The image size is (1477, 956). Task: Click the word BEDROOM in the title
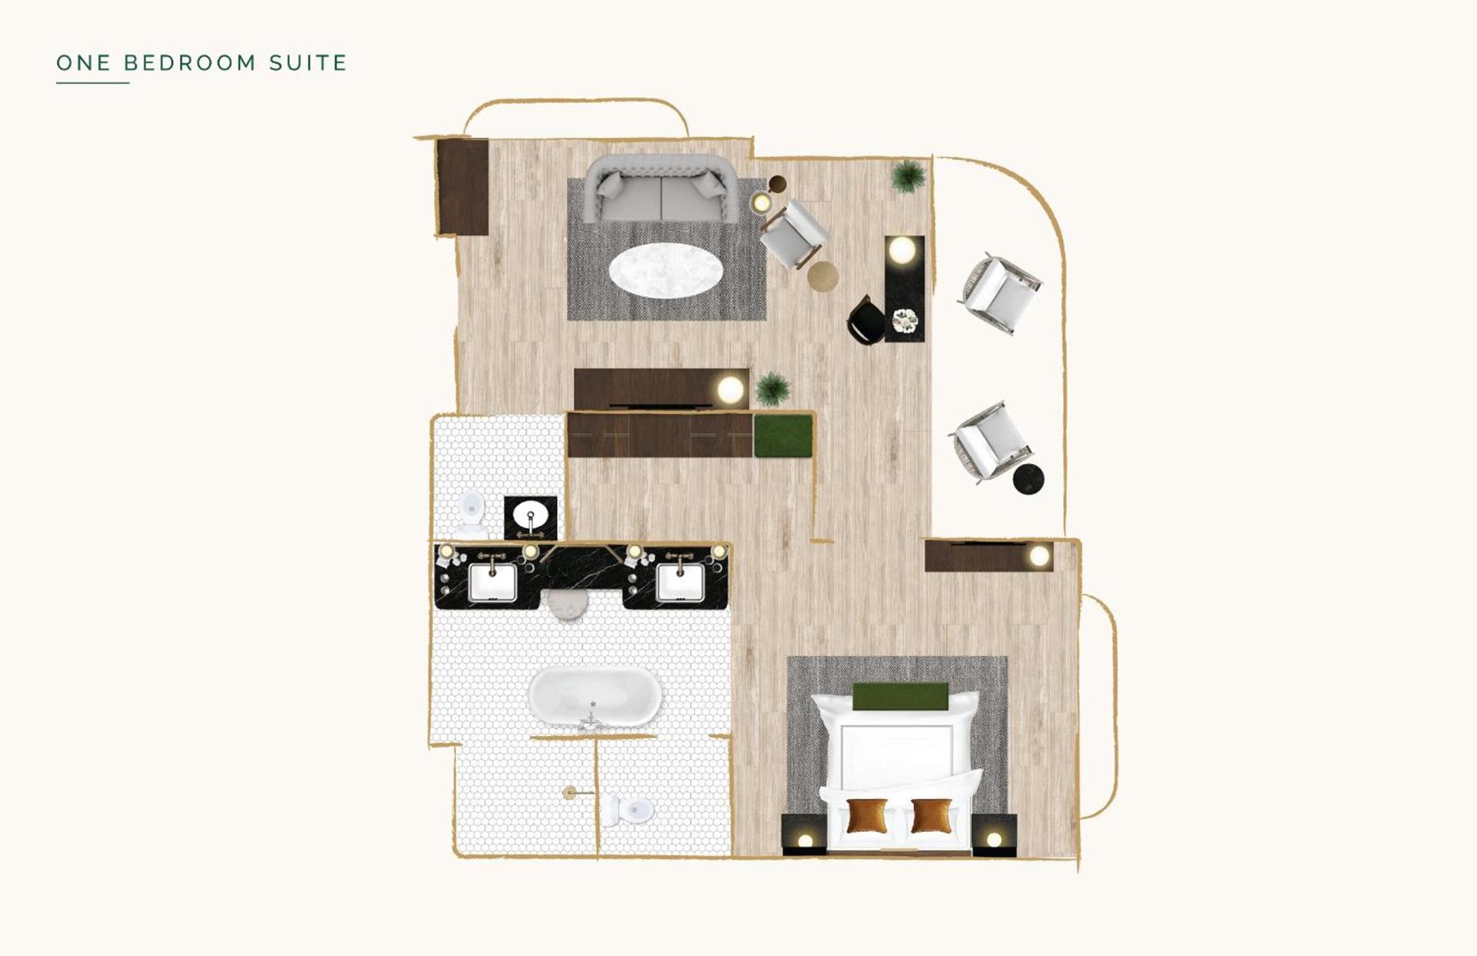pyautogui.click(x=190, y=62)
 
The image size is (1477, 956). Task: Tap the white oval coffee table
pyautogui.click(x=665, y=271)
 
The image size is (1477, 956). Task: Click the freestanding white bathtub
pyautogui.click(x=594, y=697)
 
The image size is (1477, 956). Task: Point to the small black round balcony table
pyautogui.click(x=1028, y=480)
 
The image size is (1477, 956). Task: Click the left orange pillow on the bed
pyautogui.click(x=866, y=816)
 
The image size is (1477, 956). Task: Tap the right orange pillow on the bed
pyautogui.click(x=931, y=816)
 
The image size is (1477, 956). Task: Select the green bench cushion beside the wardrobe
pyautogui.click(x=783, y=436)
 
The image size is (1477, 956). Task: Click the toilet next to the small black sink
pyautogui.click(x=471, y=514)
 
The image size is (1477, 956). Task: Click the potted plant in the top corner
pyautogui.click(x=909, y=175)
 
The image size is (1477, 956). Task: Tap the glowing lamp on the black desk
pyautogui.click(x=902, y=250)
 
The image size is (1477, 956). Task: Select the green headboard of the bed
pyautogui.click(x=900, y=697)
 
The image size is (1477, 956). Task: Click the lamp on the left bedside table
pyautogui.click(x=805, y=840)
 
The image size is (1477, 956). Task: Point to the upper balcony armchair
pyautogui.click(x=1000, y=294)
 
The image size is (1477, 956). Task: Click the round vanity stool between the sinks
pyautogui.click(x=568, y=606)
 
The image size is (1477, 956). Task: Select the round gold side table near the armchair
pyautogui.click(x=822, y=276)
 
